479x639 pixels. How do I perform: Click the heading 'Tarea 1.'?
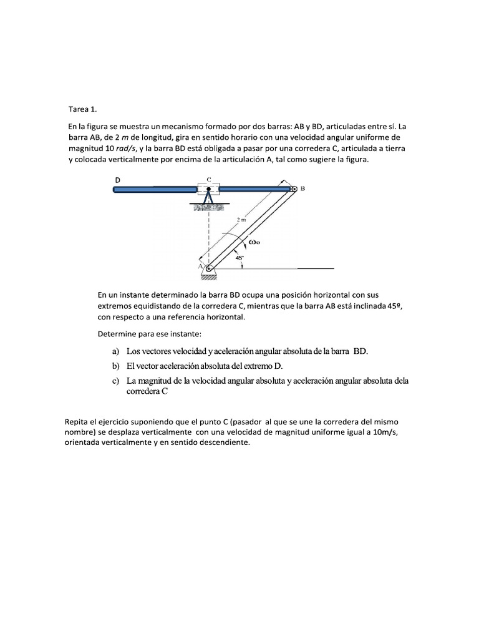click(x=83, y=108)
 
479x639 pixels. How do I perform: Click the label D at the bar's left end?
click(x=117, y=180)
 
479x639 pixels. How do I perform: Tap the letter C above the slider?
click(x=209, y=180)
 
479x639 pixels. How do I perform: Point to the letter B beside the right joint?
click(x=303, y=188)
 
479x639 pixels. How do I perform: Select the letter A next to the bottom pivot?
click(x=201, y=265)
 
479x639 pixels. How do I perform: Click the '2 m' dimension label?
click(x=241, y=220)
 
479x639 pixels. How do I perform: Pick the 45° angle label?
click(x=239, y=256)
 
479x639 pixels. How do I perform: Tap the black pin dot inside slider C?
click(x=209, y=188)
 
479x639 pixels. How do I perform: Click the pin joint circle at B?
click(x=293, y=188)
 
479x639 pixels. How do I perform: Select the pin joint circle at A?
click(x=209, y=268)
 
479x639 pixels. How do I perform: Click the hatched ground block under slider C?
click(x=209, y=207)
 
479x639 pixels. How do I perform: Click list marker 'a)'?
click(x=116, y=351)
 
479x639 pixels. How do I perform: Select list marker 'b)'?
click(x=116, y=366)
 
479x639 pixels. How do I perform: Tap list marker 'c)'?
click(x=116, y=381)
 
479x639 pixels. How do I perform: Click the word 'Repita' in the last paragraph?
click(x=77, y=422)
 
